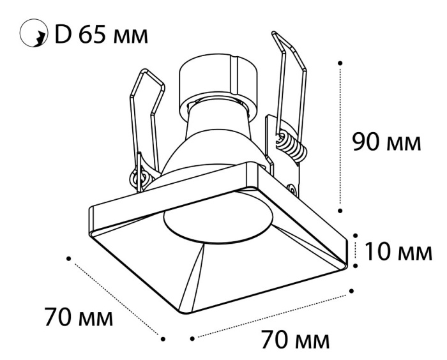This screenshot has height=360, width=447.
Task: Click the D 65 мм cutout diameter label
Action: tap(101, 35)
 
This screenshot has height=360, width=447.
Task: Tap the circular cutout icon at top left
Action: tap(34, 33)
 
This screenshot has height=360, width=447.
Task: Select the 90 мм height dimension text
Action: tap(386, 142)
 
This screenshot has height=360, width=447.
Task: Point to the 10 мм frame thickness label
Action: tap(398, 251)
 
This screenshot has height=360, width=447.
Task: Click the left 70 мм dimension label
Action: tap(79, 316)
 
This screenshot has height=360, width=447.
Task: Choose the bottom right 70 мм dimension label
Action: tap(295, 339)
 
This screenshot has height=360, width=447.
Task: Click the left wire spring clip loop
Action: tap(147, 123)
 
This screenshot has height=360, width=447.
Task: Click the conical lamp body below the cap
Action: tap(217, 142)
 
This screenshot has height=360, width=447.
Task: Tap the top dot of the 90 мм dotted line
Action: tap(340, 63)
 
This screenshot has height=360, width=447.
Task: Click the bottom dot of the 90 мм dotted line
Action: tap(340, 211)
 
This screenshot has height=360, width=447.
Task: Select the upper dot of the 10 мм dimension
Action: tap(355, 236)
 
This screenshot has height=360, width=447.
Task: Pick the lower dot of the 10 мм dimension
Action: tap(355, 266)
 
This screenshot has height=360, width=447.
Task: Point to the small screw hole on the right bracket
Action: tap(292, 188)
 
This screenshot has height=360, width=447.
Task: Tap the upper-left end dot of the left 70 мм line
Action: tap(68, 259)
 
